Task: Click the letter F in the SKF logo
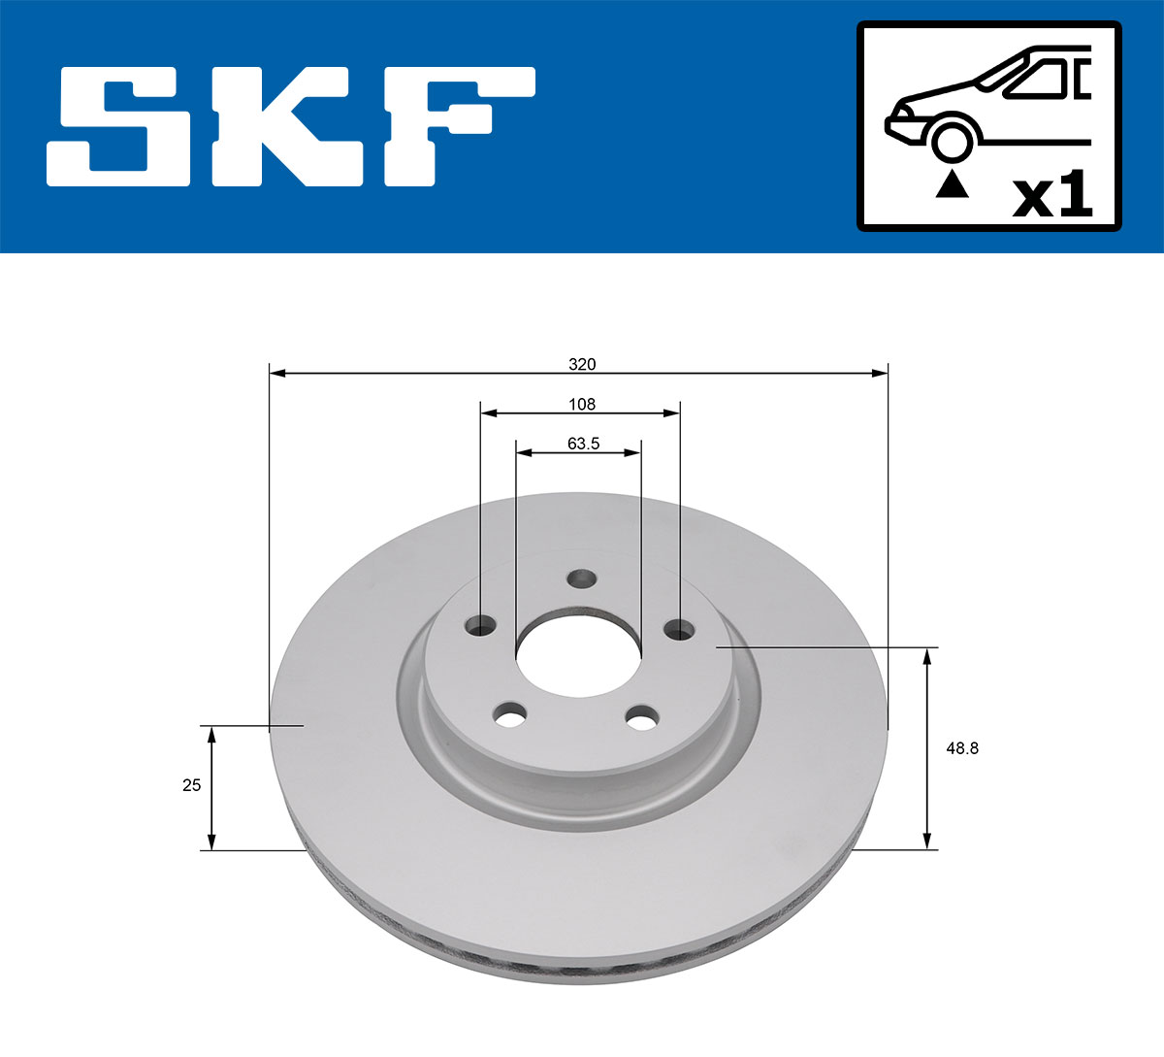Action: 456,126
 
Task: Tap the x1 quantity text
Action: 1052,197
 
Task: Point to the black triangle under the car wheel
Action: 952,183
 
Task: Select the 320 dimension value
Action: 582,365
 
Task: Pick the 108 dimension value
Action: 582,404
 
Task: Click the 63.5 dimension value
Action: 583,444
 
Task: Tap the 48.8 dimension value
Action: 961,748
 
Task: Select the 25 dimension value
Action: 192,785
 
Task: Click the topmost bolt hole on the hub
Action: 581,579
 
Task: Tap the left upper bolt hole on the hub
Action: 480,626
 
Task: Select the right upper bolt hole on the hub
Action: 680,630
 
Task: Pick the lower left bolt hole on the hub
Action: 509,716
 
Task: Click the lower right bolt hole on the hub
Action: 641,719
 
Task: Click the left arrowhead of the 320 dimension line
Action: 277,373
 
